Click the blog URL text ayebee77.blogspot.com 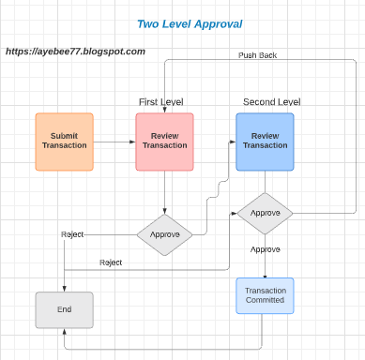coord(75,52)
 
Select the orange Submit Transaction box coord(65,141)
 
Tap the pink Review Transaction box coord(164,141)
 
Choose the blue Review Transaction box coord(265,141)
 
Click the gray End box coord(64,308)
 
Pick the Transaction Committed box coord(265,295)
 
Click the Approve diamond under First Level coord(164,233)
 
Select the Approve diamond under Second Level coord(265,214)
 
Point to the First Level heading coord(160,101)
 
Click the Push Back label coord(257,55)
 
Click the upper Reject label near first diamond coord(72,233)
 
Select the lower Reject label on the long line coord(111,262)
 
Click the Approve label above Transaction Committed coord(266,250)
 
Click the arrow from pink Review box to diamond coord(164,192)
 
